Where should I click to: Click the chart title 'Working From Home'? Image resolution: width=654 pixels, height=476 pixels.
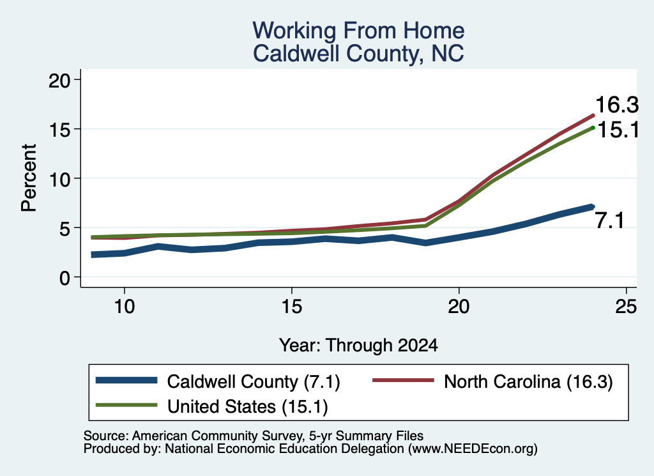[358, 31]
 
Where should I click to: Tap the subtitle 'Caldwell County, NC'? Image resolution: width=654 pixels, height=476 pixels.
[358, 54]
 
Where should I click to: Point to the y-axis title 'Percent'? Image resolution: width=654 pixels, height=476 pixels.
[29, 178]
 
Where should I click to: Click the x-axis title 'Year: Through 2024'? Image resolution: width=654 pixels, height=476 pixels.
[358, 346]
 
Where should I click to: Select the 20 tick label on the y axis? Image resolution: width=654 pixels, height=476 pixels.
[59, 80]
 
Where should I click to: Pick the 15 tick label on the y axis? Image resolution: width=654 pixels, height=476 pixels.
[59, 130]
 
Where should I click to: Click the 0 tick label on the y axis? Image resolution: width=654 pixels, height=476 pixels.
[65, 278]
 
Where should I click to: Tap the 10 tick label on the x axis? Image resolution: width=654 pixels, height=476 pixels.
[125, 307]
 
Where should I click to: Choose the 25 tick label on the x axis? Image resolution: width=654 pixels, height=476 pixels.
[626, 307]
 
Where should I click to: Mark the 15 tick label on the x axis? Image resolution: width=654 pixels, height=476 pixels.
[291, 307]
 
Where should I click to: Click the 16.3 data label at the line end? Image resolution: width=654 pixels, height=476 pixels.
[617, 104]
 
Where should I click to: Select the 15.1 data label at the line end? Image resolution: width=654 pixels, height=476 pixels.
[618, 130]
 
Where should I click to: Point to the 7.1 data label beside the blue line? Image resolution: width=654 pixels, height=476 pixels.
[609, 220]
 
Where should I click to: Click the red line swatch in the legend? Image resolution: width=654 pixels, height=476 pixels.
[403, 380]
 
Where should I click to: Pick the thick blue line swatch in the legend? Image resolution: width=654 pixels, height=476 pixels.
[126, 380]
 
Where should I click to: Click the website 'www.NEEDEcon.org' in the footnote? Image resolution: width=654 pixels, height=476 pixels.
[471, 449]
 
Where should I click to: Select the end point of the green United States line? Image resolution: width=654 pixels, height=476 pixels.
[593, 128]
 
